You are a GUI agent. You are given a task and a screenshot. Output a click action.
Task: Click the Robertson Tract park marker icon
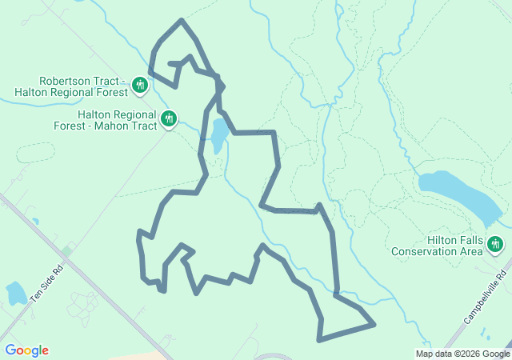140,85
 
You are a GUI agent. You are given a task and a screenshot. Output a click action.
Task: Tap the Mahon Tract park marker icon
168,119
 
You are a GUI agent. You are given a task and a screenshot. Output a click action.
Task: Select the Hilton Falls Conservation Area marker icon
495,244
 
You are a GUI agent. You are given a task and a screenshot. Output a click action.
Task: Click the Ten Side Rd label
46,284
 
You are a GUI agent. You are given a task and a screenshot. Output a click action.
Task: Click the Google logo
26,350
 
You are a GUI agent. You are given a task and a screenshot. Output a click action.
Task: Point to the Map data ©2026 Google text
462,354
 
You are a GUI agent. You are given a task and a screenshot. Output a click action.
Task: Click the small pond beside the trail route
217,134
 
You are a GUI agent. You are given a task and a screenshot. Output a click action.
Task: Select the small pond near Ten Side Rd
15,294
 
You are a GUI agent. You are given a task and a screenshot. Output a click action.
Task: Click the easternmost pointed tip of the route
374,325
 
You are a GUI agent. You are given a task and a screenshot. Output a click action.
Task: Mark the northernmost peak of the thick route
182,20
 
